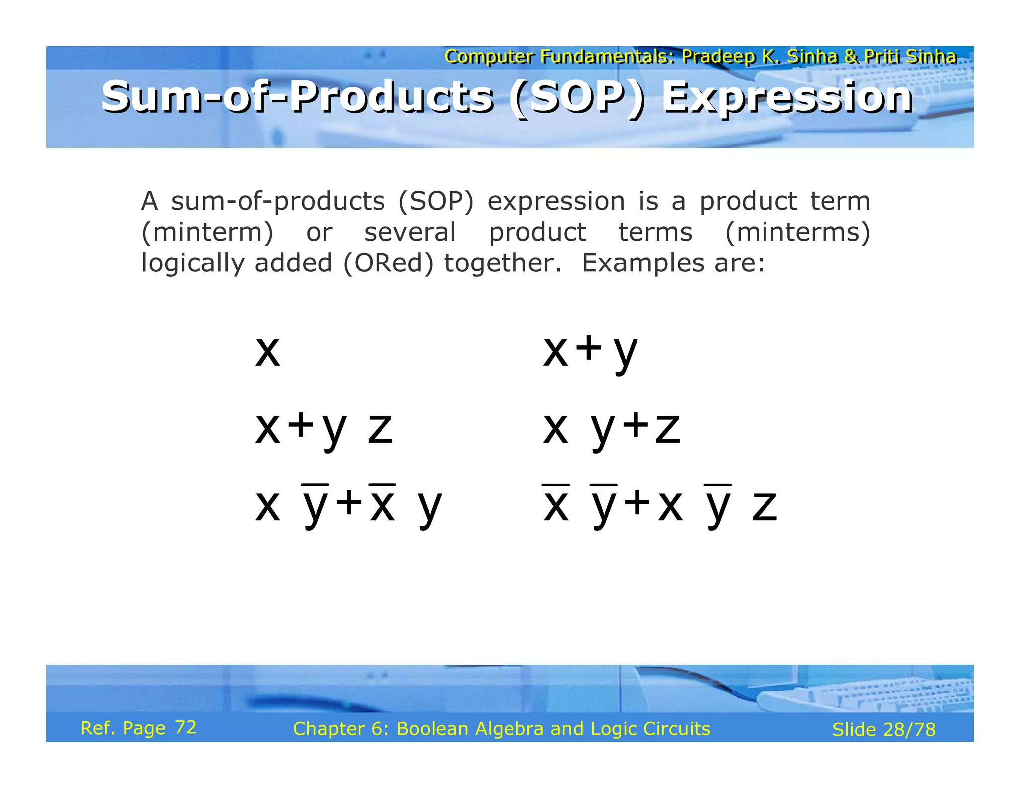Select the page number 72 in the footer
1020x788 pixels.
pyautogui.click(x=186, y=727)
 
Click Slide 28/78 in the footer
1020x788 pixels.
pyautogui.click(x=884, y=729)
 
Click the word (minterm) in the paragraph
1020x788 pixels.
pyautogui.click(x=207, y=232)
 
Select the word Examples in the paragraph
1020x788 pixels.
pyautogui.click(x=643, y=263)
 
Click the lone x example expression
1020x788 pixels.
pyautogui.click(x=268, y=351)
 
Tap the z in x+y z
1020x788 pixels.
pyautogui.click(x=381, y=429)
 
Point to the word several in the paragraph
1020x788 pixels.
pyautogui.click(x=409, y=232)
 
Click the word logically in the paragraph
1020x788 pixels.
pyautogui.click(x=192, y=263)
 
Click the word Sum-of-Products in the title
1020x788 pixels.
pyautogui.click(x=297, y=98)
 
